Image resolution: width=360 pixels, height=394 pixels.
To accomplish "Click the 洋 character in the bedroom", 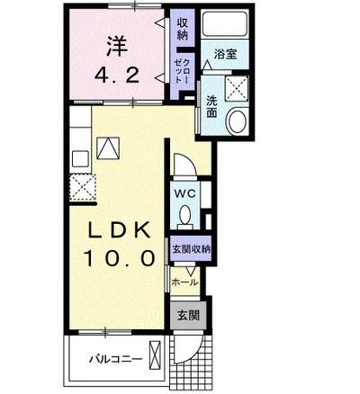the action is pyautogui.click(x=117, y=46).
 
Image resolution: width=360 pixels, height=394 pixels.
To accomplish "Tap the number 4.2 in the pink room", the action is pyautogui.click(x=117, y=76).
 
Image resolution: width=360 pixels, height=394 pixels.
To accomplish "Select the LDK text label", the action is pyautogui.click(x=119, y=230).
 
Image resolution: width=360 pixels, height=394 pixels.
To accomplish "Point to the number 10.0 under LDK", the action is pyautogui.click(x=120, y=258).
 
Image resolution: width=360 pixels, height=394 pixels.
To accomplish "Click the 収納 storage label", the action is pyautogui.click(x=182, y=29).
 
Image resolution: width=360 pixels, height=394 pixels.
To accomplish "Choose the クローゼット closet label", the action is pyautogui.click(x=182, y=71).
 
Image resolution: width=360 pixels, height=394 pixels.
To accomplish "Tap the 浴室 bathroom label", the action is pyautogui.click(x=226, y=54).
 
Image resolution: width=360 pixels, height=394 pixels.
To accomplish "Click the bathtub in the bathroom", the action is pyautogui.click(x=225, y=23).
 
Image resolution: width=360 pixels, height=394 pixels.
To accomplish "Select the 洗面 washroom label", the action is pyautogui.click(x=211, y=107).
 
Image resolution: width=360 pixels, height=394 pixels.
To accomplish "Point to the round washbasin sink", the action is pyautogui.click(x=238, y=121).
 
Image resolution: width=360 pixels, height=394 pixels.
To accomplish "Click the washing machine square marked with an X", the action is pyautogui.click(x=237, y=87).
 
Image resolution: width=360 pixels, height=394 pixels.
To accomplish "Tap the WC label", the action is pyautogui.click(x=185, y=193).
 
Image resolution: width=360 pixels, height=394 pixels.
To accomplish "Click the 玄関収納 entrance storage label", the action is pyautogui.click(x=191, y=249).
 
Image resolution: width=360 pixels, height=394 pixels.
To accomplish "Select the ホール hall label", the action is pyautogui.click(x=184, y=282).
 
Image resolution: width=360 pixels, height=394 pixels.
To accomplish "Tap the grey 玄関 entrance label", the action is pyautogui.click(x=188, y=315).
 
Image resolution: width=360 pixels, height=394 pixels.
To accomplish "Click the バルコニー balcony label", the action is pyautogui.click(x=115, y=358).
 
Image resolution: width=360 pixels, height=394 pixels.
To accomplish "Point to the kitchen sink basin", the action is pyautogui.click(x=80, y=158).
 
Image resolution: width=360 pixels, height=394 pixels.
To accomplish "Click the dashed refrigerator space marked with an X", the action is pyautogui.click(x=83, y=188).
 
